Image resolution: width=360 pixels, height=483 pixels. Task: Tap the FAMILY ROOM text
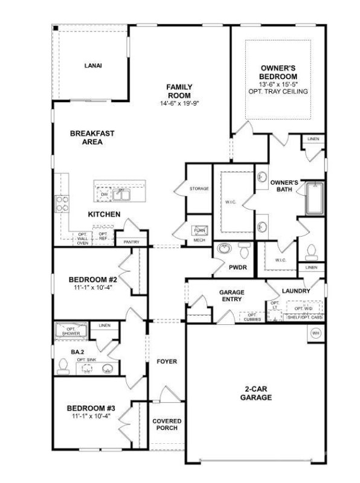(x=179, y=91)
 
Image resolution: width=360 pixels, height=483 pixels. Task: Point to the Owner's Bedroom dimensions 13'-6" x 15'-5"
(x=278, y=84)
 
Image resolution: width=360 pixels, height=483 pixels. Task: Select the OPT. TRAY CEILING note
(x=278, y=92)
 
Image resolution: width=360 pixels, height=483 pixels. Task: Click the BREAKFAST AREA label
(x=92, y=138)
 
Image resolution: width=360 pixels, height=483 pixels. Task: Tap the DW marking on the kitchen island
(x=104, y=194)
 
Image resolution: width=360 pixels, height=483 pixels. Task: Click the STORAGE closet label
(x=199, y=189)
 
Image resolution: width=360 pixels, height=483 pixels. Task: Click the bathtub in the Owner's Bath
(x=315, y=199)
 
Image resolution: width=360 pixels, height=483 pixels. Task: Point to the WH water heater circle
(x=315, y=333)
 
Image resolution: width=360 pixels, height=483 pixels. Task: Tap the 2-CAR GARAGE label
(x=254, y=393)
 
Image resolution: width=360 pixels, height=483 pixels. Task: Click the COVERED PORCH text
(x=166, y=424)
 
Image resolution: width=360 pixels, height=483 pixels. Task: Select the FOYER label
(x=167, y=362)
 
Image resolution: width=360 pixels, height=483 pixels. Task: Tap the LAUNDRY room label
(x=295, y=291)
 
